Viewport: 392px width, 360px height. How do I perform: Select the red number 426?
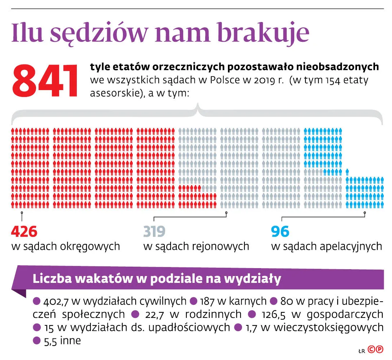point(24,232)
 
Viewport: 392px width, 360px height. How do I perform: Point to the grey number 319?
point(154,232)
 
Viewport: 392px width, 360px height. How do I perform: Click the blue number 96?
point(280,232)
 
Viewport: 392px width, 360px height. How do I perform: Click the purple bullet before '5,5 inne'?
point(36,340)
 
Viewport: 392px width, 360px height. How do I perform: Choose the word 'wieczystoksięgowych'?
point(329,327)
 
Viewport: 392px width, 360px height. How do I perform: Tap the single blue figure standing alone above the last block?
point(347,172)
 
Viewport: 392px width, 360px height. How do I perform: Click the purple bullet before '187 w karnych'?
point(193,301)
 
